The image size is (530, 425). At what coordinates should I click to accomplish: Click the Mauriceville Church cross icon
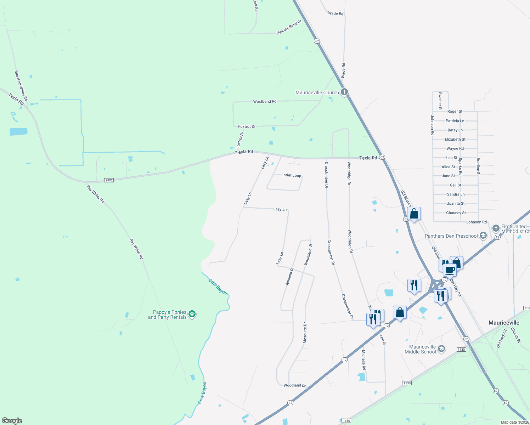[344, 92]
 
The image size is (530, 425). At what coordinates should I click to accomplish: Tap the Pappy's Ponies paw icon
[192, 314]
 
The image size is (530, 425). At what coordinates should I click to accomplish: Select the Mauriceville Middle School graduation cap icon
[441, 349]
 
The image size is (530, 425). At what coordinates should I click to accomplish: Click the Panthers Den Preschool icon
[483, 236]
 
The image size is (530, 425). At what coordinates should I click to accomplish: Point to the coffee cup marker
[450, 270]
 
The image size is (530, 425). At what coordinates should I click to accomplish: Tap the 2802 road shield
[109, 180]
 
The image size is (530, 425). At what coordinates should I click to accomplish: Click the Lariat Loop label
[291, 175]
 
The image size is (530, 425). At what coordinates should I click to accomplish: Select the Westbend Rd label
[265, 102]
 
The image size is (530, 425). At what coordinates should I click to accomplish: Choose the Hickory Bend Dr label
[289, 27]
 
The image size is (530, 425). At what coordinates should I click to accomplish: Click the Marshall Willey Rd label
[21, 86]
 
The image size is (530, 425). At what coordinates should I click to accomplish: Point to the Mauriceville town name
[504, 323]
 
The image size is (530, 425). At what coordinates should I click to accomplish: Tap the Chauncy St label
[456, 213]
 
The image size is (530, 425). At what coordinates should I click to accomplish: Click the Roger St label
[455, 112]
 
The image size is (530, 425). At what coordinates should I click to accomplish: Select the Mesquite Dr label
[305, 333]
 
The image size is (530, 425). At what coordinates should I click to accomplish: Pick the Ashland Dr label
[290, 277]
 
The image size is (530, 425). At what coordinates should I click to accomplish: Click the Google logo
[12, 421]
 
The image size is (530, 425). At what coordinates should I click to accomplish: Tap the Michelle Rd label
[364, 360]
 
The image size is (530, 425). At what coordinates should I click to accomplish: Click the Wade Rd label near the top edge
[336, 13]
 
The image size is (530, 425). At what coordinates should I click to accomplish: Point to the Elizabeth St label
[455, 140]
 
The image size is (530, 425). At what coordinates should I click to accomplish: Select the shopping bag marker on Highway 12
[400, 313]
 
